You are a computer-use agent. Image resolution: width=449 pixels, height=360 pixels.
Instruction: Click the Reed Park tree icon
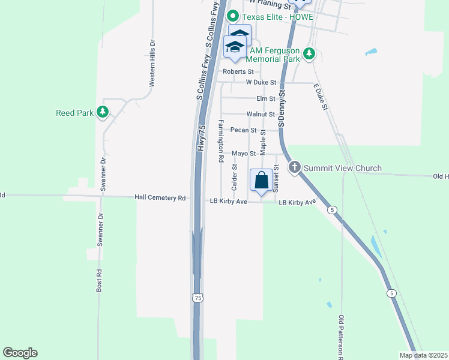click(103, 112)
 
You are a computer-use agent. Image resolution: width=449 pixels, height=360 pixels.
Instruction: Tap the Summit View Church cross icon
click(295, 167)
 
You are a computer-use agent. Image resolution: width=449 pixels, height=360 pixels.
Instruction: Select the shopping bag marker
click(261, 180)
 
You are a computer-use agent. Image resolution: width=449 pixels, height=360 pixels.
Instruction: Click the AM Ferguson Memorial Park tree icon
click(309, 55)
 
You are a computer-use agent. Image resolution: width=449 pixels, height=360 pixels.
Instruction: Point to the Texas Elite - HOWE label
click(277, 16)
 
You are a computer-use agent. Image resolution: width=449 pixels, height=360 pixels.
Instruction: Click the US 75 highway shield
click(198, 298)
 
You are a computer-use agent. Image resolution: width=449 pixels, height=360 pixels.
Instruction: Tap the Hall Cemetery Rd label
click(160, 197)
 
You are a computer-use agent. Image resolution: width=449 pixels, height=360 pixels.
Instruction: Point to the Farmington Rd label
click(221, 141)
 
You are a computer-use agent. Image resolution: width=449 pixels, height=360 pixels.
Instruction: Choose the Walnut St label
click(261, 114)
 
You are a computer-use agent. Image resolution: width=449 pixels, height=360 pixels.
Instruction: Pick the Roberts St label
click(235, 71)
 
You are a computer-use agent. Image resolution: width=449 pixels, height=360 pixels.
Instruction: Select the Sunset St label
click(277, 178)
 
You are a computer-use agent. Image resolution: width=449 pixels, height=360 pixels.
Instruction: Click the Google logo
click(20, 353)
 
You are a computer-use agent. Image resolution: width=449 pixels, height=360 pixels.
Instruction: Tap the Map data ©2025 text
click(423, 355)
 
